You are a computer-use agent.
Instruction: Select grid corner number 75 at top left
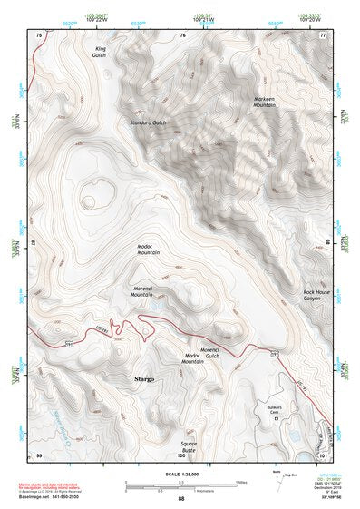(x=38, y=34)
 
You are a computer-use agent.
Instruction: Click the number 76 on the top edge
(x=181, y=34)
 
